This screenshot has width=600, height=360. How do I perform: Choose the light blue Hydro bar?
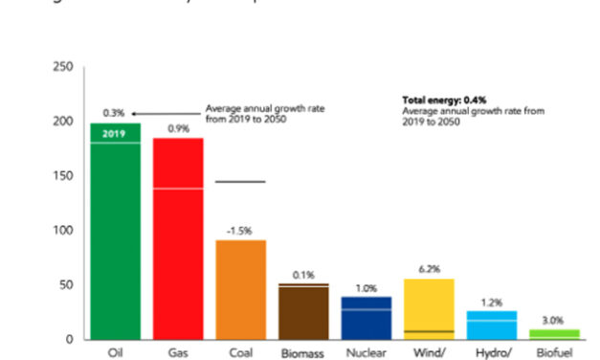pos(491,325)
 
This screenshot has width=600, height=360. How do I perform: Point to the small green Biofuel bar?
pos(554,333)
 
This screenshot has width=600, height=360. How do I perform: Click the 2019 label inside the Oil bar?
pos(115,133)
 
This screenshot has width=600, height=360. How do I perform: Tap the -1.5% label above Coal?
pos(240,230)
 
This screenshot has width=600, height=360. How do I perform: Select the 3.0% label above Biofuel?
pos(554,321)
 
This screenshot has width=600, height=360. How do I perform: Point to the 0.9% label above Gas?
pos(178,128)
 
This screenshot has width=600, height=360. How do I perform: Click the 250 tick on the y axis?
pos(63,67)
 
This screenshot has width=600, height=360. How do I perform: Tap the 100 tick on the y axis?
pos(63,231)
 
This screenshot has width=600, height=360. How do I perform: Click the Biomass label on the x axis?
pos(302,352)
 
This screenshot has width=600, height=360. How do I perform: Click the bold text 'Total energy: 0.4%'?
pos(443,100)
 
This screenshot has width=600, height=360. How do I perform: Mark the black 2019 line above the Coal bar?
pos(240,182)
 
